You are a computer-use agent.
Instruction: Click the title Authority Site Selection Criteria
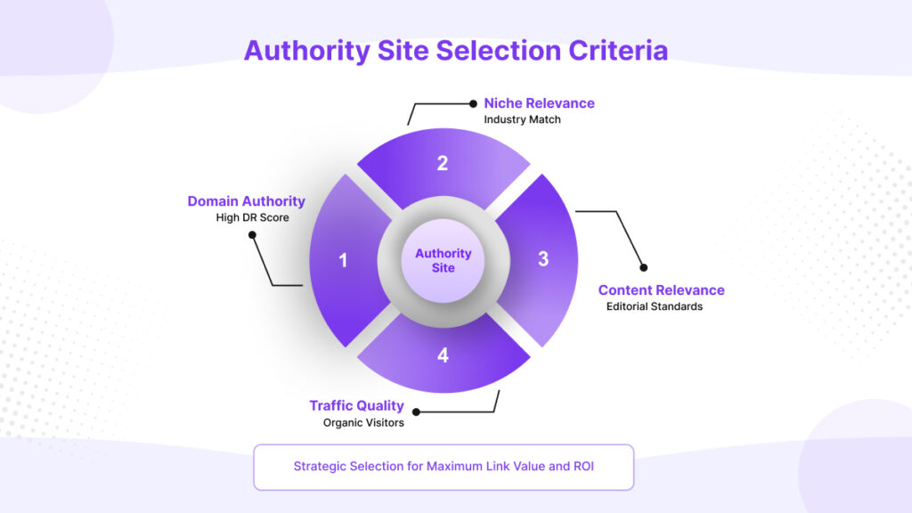click(455, 50)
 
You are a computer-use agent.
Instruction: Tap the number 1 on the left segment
click(343, 261)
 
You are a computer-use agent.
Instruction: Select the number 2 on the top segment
click(442, 163)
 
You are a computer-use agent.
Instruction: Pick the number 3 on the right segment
click(543, 259)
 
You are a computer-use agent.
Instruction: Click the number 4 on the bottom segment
click(443, 355)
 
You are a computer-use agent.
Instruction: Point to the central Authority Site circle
click(443, 261)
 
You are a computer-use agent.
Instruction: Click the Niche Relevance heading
click(539, 103)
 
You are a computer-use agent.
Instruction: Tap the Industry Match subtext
click(522, 119)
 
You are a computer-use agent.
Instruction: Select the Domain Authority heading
click(246, 201)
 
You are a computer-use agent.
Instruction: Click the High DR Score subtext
click(252, 218)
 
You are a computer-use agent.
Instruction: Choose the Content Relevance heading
click(661, 290)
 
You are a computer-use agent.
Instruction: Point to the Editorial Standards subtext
click(655, 307)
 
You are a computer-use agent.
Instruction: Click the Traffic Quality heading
click(356, 406)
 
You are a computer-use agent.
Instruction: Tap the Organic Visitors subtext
click(363, 423)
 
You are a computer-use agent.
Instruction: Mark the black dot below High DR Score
click(252, 235)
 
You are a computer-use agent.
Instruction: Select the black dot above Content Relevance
click(643, 267)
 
